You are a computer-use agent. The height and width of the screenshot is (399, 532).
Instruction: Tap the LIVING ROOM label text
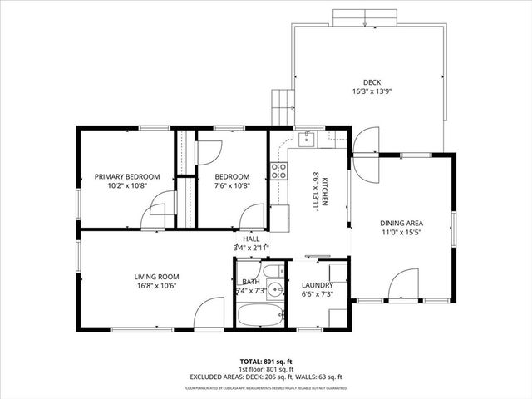[x=157, y=277]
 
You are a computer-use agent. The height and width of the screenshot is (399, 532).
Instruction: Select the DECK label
[x=372, y=81]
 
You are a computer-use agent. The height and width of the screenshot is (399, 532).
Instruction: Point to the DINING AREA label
[x=402, y=223]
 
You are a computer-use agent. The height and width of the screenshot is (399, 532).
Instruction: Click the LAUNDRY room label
[x=317, y=285]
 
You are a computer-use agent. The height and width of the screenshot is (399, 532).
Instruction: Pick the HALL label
[x=251, y=239]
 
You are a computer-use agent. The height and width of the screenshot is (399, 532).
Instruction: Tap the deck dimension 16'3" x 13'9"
[x=372, y=91]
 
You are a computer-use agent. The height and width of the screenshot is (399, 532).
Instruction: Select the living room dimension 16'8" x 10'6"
[x=157, y=287]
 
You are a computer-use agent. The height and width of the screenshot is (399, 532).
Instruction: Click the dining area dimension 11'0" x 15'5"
[x=402, y=233]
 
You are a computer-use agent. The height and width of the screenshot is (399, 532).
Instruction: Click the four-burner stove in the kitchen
[x=278, y=171]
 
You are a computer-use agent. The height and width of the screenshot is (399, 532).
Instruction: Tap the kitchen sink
[x=306, y=139]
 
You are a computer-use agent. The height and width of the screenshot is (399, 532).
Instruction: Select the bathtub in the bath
[x=260, y=316]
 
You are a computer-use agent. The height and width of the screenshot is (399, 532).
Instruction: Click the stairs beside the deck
[x=284, y=106]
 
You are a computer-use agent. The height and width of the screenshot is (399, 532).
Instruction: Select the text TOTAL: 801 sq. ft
[x=265, y=362]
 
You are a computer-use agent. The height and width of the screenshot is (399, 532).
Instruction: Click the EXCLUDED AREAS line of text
[x=265, y=377]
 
